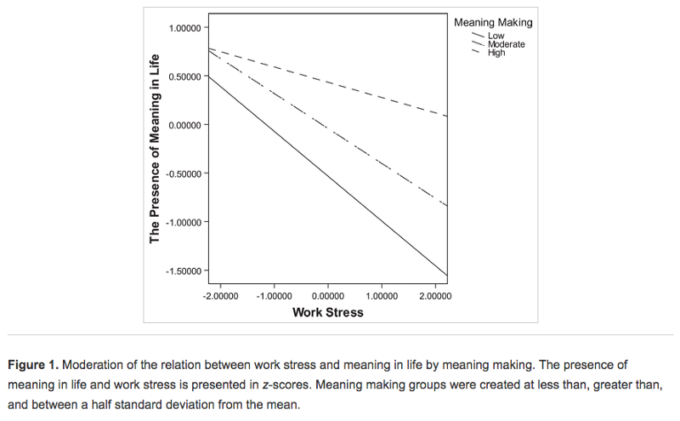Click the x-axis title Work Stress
[327, 312]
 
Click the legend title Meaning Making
[494, 23]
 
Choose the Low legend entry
[496, 36]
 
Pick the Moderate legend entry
[506, 44]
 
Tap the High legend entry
[496, 53]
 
